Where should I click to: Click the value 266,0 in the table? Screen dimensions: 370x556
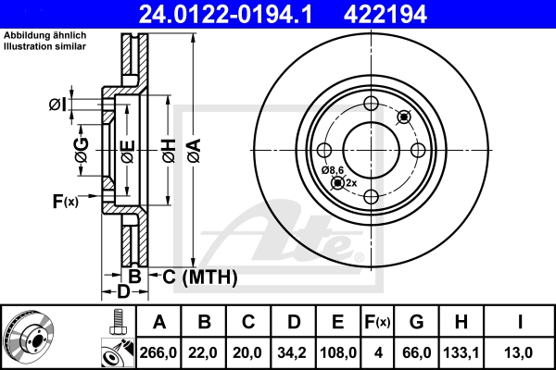click(158, 352)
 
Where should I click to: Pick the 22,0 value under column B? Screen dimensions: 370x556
click(205, 352)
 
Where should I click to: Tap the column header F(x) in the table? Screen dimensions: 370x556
click(376, 323)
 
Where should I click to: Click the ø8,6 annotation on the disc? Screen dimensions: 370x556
click(334, 170)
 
